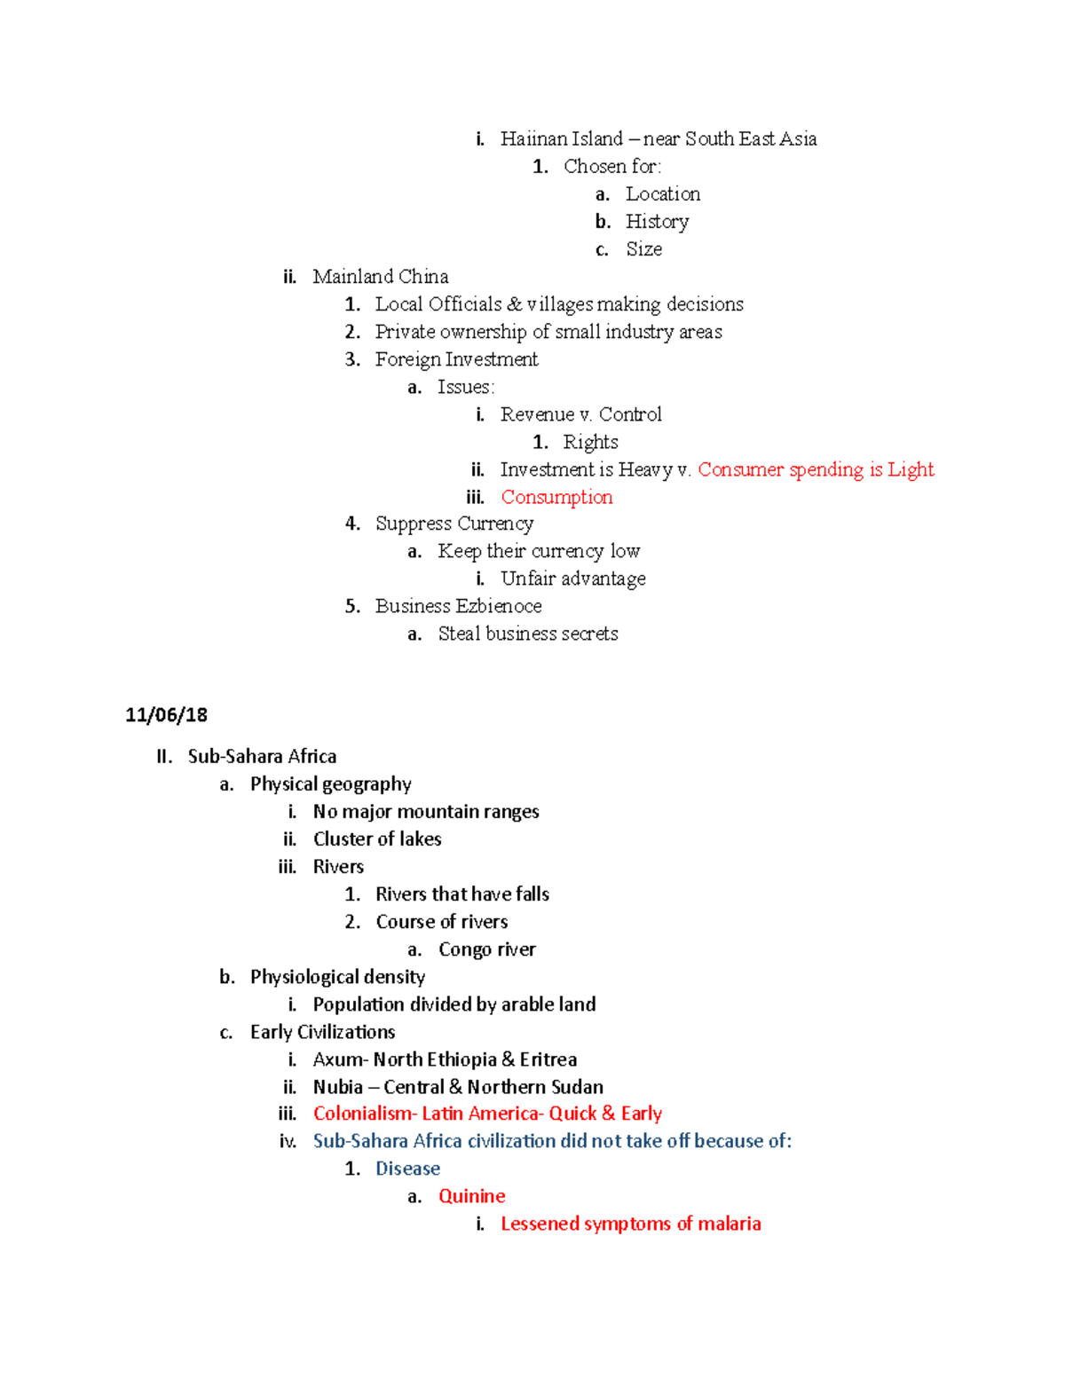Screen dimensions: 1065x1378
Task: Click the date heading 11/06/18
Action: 166,715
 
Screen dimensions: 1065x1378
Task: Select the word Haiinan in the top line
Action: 531,139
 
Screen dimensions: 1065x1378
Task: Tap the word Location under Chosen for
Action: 662,194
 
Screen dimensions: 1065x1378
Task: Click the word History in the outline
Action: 657,222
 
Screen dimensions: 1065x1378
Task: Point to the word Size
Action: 643,249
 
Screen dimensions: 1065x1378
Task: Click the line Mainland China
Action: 380,277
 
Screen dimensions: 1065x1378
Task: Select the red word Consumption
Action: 556,497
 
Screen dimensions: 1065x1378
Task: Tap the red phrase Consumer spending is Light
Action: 816,469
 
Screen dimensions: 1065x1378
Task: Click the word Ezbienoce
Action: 500,606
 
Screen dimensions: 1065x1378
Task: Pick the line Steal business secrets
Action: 528,634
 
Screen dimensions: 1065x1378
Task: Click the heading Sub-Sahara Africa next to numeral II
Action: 262,756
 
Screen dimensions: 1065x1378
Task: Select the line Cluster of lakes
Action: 377,839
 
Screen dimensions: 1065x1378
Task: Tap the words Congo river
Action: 487,949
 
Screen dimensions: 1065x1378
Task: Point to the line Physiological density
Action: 337,977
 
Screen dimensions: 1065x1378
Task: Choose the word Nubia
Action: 337,1087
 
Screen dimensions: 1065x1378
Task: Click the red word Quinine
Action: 472,1196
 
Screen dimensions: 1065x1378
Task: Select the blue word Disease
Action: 407,1169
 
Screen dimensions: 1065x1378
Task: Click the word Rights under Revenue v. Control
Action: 590,442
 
